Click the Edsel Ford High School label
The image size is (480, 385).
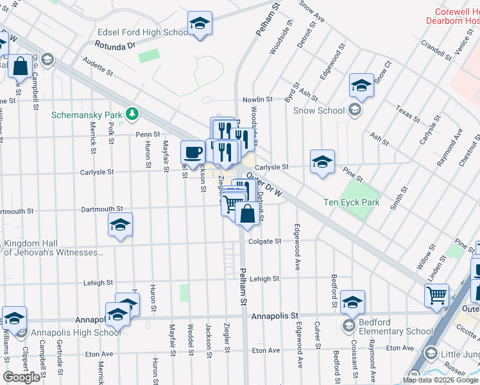pos(142,33)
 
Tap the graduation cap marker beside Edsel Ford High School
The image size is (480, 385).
pos(200,24)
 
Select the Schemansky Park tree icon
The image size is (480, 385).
pos(132,114)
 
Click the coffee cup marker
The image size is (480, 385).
pos(193,153)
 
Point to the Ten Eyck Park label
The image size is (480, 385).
pos(351,203)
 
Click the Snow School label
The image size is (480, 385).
pos(319,110)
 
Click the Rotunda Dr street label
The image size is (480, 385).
pos(116,46)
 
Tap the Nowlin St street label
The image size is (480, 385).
pos(257,100)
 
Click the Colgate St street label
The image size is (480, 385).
pos(269,241)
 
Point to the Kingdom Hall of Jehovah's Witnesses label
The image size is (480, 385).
pos(53,248)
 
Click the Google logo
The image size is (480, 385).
pos(22,377)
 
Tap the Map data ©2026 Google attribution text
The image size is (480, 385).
pos(440,380)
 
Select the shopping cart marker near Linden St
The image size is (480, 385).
pos(436,295)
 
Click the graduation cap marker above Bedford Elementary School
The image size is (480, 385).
pos(352,301)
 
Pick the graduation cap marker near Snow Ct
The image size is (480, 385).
pos(361,85)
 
